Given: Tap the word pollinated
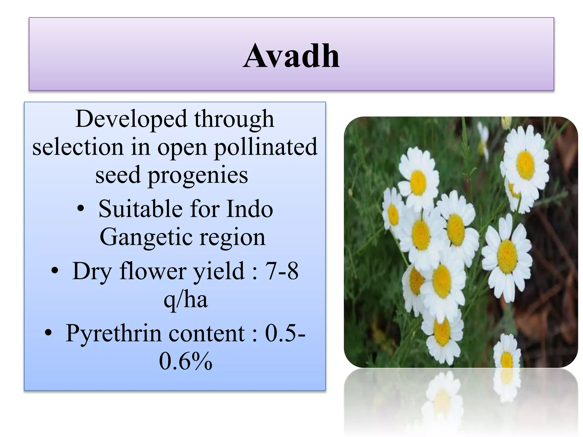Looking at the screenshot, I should [265, 147].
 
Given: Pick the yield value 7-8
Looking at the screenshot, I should [282, 271].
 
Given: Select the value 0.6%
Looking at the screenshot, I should [186, 361].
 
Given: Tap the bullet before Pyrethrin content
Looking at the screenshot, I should [48, 333].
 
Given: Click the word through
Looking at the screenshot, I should [234, 119].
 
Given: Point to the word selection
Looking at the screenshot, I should [78, 147].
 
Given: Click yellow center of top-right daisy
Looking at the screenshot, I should [525, 165].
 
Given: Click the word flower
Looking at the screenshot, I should [153, 271].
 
